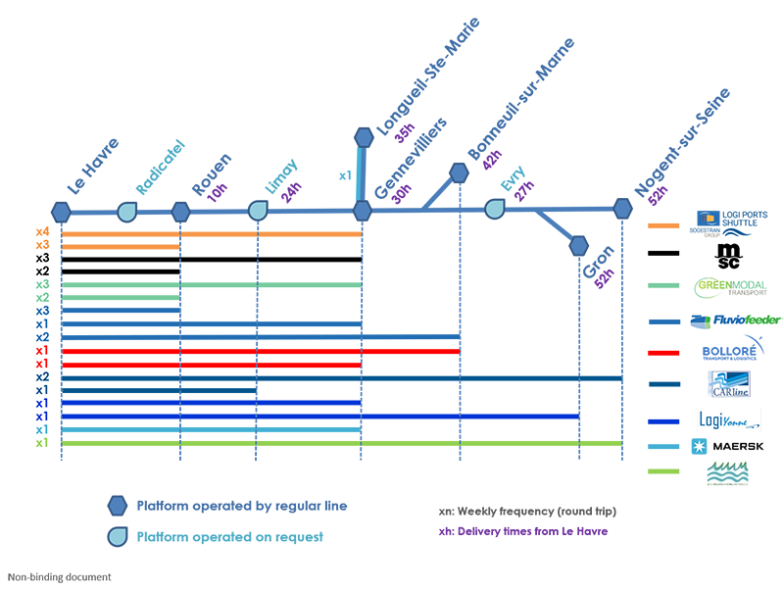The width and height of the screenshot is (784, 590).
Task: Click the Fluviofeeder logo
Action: click(734, 320)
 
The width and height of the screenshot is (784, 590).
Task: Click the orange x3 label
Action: click(42, 245)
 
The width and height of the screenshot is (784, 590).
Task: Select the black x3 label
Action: click(42, 259)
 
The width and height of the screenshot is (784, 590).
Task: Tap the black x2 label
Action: click(42, 271)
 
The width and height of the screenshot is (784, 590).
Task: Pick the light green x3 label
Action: click(42, 285)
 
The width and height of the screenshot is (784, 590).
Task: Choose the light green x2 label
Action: click(42, 298)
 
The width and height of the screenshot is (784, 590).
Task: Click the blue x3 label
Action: click(42, 312)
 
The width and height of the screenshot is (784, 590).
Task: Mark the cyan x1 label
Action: click(42, 429)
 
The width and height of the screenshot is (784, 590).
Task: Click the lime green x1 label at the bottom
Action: click(42, 442)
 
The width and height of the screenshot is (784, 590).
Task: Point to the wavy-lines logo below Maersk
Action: click(732, 474)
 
